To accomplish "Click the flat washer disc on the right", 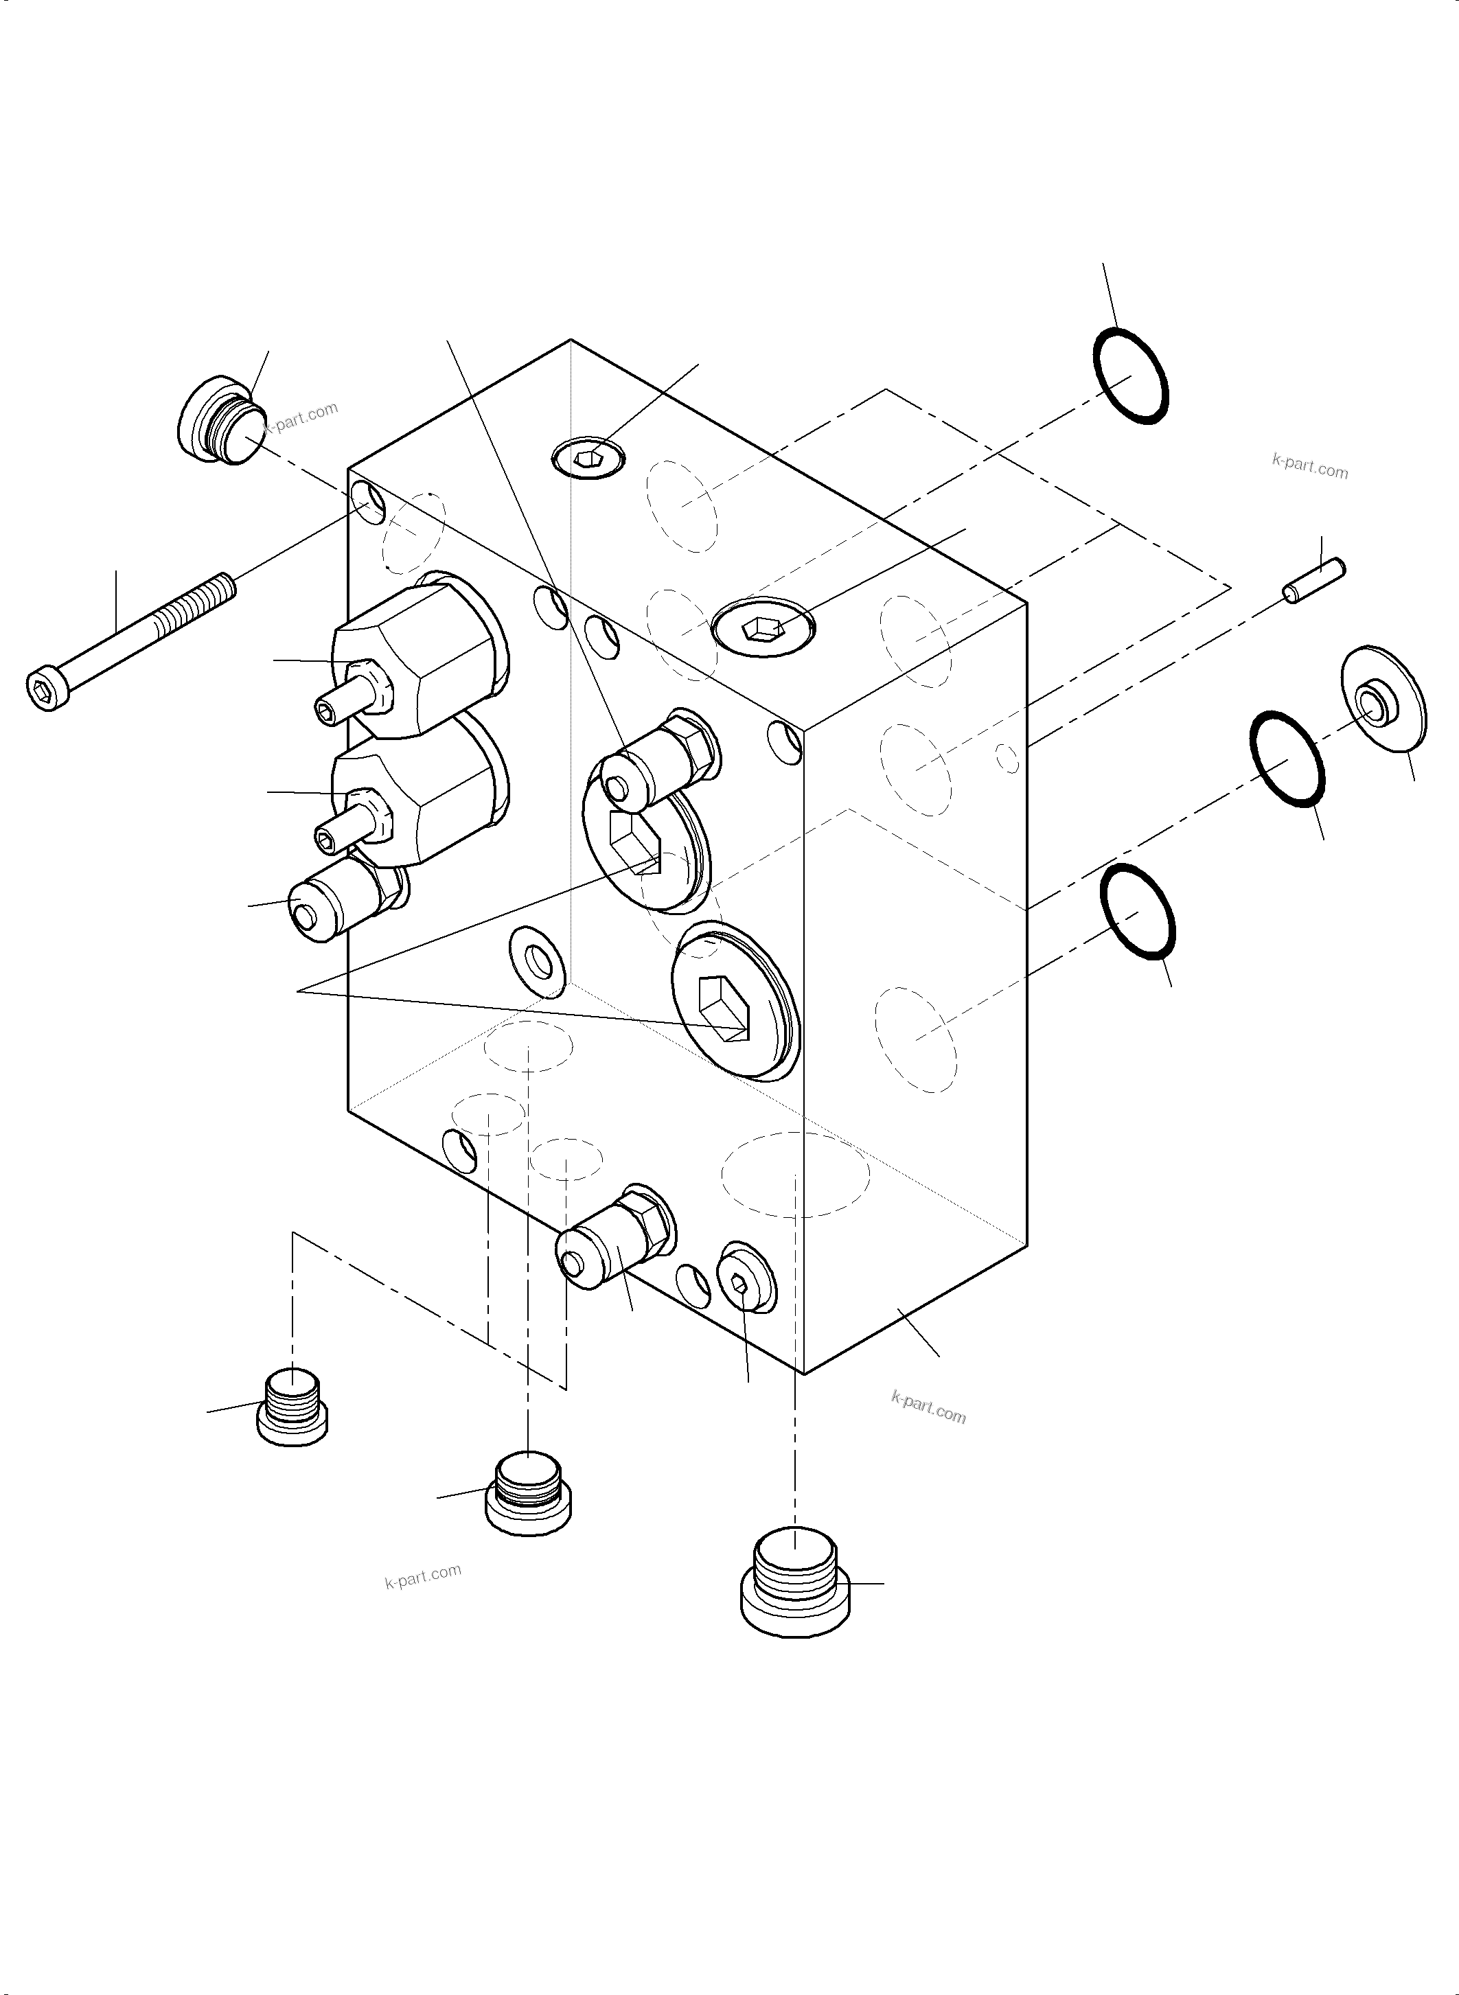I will (1383, 700).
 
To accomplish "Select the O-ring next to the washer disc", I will (1287, 759).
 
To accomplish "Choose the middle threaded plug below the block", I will (528, 1492).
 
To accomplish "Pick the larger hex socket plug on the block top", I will (763, 628).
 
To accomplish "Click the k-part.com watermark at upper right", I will (1310, 465).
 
